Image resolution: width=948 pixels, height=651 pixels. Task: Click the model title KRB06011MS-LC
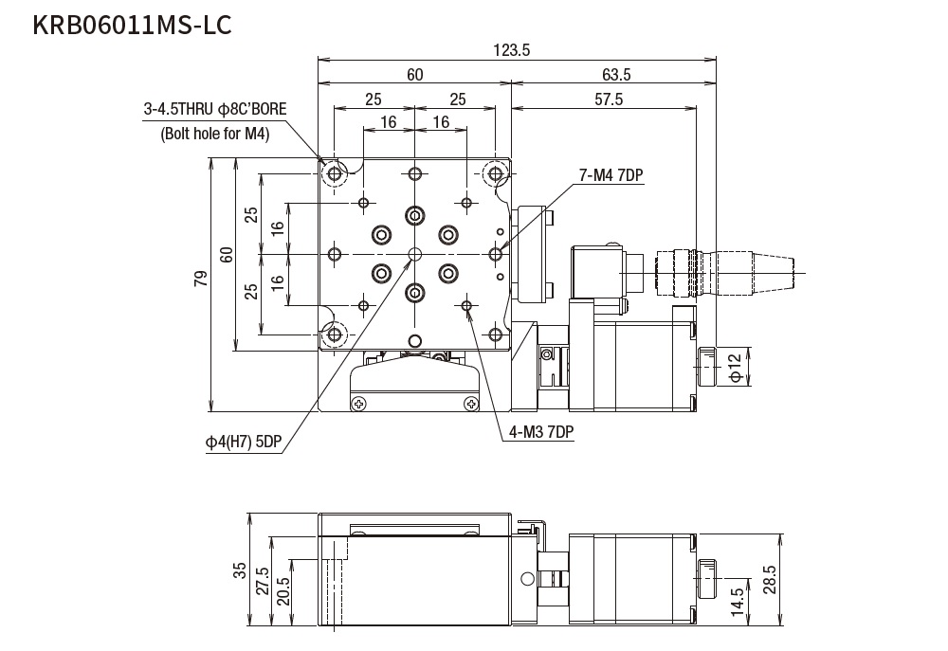pos(132,26)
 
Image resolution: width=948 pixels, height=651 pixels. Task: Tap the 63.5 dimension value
pos(615,75)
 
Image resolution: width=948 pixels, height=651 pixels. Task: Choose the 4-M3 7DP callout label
pos(541,432)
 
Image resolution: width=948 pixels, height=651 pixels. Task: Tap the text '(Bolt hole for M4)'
pos(215,134)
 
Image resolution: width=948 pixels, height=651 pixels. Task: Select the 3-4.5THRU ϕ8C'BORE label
pos(215,110)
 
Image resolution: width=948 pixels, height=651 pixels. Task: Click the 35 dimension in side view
pos(240,570)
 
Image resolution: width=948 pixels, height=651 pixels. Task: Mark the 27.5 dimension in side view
pos(263,580)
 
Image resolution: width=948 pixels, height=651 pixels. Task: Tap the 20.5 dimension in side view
pos(283,591)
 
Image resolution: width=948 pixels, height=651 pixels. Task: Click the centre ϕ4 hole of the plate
pos(414,254)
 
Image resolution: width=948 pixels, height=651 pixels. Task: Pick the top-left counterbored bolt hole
pos(335,174)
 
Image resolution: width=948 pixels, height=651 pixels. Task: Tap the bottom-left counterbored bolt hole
pos(335,334)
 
